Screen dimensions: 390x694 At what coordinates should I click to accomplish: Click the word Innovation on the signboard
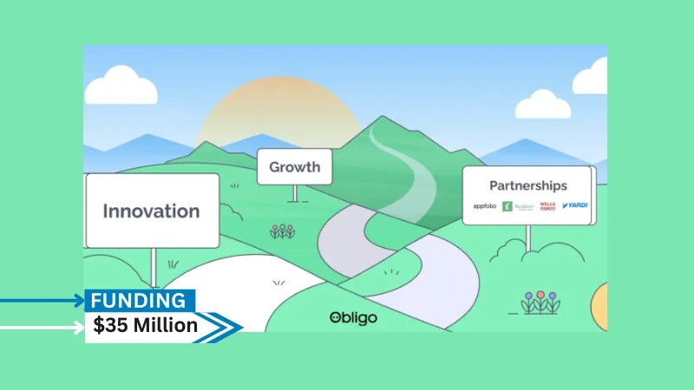(x=151, y=211)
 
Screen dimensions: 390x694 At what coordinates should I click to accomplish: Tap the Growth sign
(x=294, y=166)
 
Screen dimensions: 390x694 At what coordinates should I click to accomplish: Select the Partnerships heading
(x=527, y=185)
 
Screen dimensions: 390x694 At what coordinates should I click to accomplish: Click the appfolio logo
(x=484, y=206)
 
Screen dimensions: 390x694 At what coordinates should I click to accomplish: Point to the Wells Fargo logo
(x=547, y=206)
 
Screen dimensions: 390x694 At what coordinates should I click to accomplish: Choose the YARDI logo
(x=574, y=206)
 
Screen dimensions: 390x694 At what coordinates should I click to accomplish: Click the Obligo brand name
(x=353, y=318)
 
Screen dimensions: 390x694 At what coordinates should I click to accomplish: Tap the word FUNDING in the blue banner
(x=139, y=301)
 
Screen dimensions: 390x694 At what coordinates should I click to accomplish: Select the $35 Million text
(x=146, y=326)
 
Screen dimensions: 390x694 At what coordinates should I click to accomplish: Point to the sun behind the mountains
(x=278, y=108)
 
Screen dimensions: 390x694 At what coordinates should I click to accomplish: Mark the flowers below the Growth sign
(x=282, y=231)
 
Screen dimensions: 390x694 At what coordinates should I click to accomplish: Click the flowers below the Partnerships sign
(x=540, y=302)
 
